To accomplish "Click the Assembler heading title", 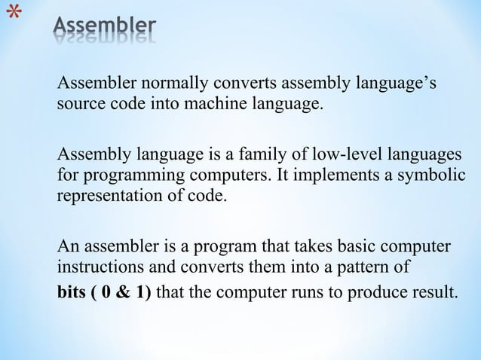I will coord(105,29).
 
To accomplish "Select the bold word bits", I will coord(72,291).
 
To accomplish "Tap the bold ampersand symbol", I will coord(122,291).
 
